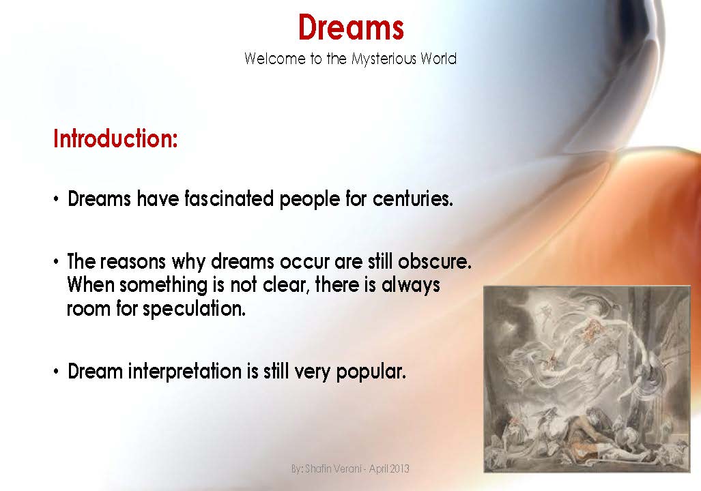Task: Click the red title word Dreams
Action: tap(351, 27)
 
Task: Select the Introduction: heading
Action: tap(115, 138)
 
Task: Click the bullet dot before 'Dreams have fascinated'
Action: tap(57, 200)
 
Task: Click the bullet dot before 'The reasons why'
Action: tap(57, 263)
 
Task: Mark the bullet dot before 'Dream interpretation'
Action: tap(57, 373)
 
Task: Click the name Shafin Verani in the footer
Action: tap(334, 469)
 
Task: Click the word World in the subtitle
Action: tap(438, 59)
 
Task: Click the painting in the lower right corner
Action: tap(587, 378)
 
